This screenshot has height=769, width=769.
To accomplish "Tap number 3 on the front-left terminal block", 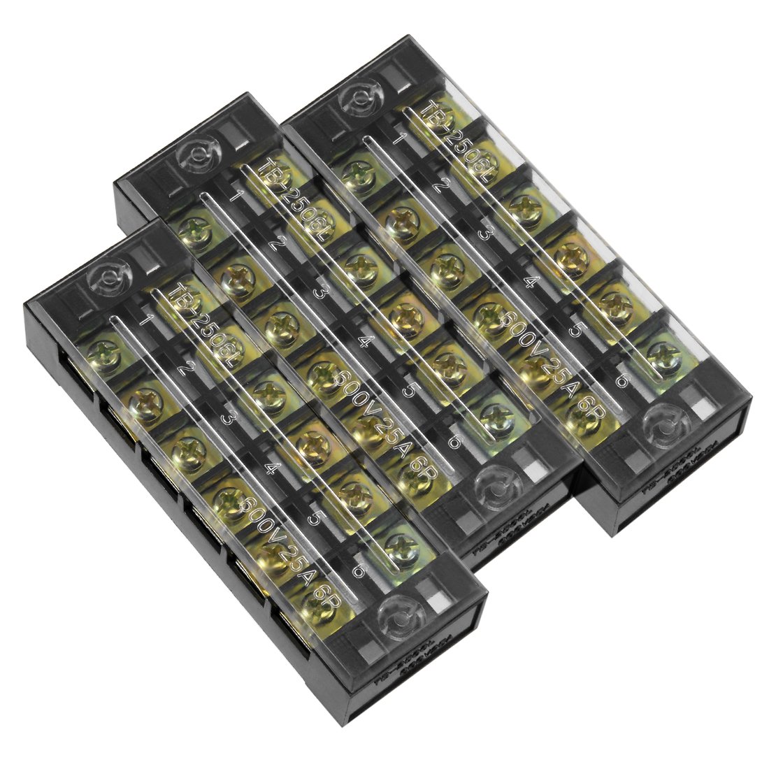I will coord(226,419).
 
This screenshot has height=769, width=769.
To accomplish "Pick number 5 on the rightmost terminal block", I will coord(575,329).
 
